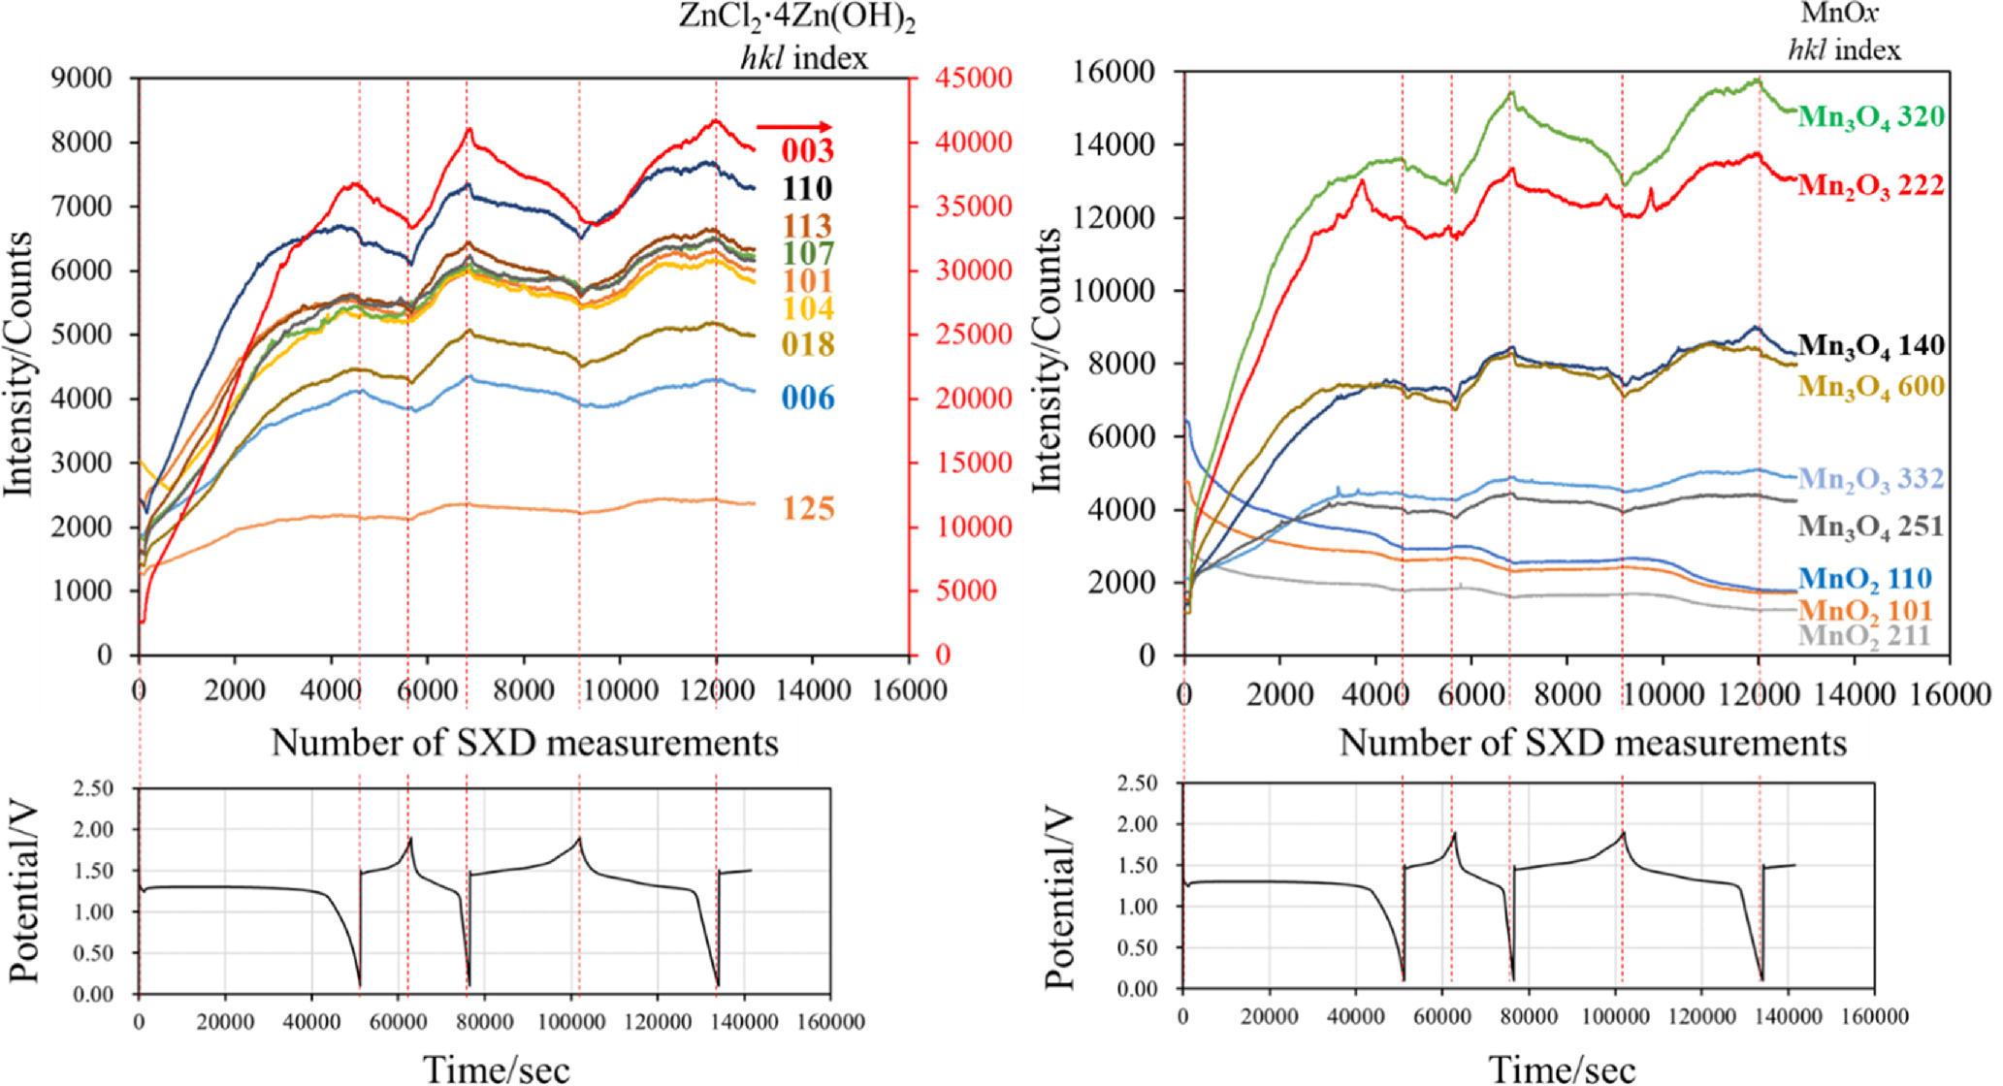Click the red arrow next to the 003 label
(793, 127)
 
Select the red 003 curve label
(808, 150)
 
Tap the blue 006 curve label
(808, 399)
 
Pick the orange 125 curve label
(808, 509)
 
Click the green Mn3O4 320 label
(1870, 117)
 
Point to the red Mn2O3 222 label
(1870, 186)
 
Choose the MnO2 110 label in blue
(1864, 580)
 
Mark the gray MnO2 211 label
(1864, 636)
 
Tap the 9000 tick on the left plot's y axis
(85, 78)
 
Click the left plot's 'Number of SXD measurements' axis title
(524, 743)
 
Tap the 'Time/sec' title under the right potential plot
(1562, 1070)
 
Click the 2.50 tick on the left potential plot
(93, 788)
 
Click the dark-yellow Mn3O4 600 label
(1870, 387)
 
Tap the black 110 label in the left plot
(808, 188)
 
